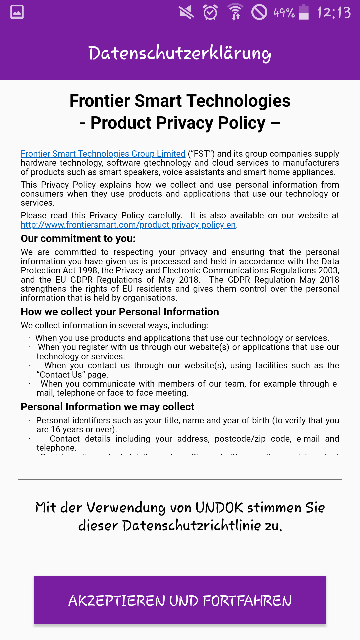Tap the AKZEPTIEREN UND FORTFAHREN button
pyautogui.click(x=180, y=600)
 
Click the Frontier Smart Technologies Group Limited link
pyautogui.click(x=103, y=154)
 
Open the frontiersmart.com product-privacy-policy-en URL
pyautogui.click(x=128, y=225)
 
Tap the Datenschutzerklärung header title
pyautogui.click(x=180, y=53)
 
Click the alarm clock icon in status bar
pyautogui.click(x=210, y=12)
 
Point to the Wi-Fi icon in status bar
pyautogui.click(x=235, y=12)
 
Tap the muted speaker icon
pyautogui.click(x=186, y=12)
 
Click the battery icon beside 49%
pyautogui.click(x=303, y=12)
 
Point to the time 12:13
pyautogui.click(x=334, y=13)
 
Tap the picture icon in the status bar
pyautogui.click(x=17, y=12)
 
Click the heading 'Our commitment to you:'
pyautogui.click(x=78, y=239)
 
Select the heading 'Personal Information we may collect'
pyautogui.click(x=107, y=407)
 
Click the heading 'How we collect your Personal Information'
pyautogui.click(x=120, y=312)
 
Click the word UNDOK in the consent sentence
pyautogui.click(x=219, y=508)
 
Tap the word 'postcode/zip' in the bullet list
pyautogui.click(x=240, y=439)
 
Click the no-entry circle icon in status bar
pyautogui.click(x=259, y=12)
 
